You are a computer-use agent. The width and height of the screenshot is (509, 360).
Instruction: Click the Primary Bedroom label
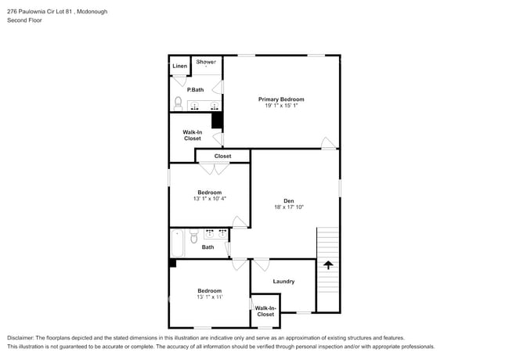(281, 99)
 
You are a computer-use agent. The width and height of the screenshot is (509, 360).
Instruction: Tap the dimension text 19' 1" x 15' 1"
(281, 106)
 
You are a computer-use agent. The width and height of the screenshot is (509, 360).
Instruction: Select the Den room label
(288, 200)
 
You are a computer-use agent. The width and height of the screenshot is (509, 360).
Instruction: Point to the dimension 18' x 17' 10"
(288, 207)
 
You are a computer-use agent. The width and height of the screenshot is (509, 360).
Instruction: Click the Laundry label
(283, 282)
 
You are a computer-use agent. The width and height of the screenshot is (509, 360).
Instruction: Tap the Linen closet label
(179, 66)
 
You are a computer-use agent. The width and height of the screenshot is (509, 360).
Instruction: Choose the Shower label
(206, 61)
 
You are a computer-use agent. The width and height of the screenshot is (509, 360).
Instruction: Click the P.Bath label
(195, 89)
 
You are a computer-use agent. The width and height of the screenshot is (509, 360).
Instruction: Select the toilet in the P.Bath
(179, 103)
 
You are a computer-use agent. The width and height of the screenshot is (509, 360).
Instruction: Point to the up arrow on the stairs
(328, 265)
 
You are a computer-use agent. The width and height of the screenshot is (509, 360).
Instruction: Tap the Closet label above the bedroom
(222, 156)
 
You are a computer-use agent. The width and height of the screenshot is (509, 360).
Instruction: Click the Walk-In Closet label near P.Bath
(192, 135)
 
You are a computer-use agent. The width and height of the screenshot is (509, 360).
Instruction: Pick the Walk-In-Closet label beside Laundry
(265, 311)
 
